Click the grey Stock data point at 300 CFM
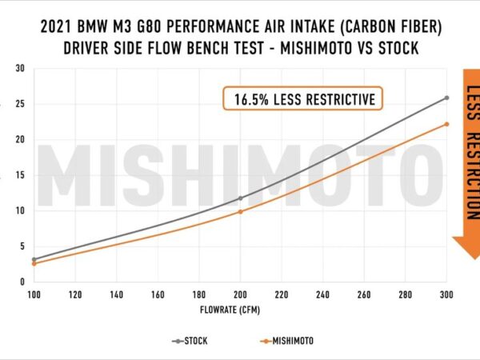pos(446,98)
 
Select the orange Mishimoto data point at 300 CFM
pos(446,124)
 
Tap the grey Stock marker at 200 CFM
pos(240,198)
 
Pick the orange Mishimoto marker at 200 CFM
pos(240,211)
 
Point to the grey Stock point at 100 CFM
pos(34,259)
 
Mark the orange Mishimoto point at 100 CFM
pos(34,263)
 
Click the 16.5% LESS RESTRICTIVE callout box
pos(303,99)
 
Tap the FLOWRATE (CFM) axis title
pos(240,309)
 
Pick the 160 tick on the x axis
pos(158,294)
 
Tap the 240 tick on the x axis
pos(322,294)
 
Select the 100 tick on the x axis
pos(34,294)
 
